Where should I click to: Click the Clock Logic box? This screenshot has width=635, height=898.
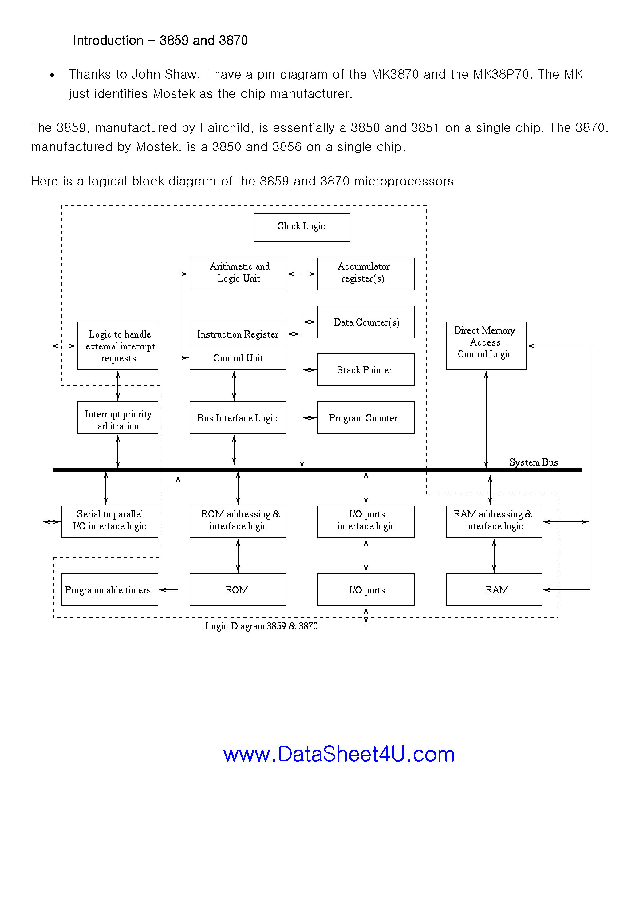302,228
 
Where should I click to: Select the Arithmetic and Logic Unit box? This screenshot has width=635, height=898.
238,273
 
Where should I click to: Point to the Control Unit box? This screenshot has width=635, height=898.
238,358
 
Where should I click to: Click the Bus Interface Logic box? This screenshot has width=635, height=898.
238,417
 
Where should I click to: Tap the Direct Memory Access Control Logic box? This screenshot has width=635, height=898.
485,346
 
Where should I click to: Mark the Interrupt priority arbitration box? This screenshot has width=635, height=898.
118,417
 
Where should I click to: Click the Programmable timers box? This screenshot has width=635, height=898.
110,589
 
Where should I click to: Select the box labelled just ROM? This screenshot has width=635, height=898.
238,589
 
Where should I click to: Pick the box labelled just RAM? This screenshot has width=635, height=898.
494,589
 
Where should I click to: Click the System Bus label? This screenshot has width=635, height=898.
533,462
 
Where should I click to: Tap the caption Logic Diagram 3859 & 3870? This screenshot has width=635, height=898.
261,626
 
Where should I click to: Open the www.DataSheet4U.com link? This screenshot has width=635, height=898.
339,754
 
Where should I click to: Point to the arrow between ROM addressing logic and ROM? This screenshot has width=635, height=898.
238,555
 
